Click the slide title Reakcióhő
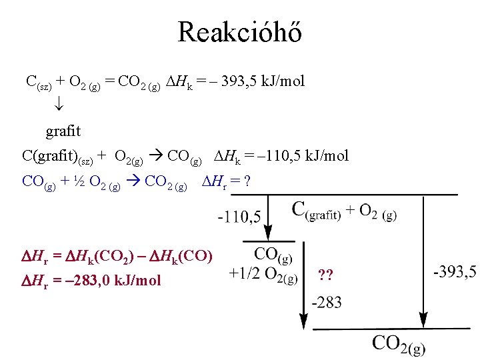pos(239,31)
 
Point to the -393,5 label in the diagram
pos(455,272)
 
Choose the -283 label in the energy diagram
pos(327,303)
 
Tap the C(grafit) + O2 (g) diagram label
pos(344,211)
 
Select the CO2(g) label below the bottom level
pos(398,344)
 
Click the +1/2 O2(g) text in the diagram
pos(263,275)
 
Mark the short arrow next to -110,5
pos(268,217)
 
